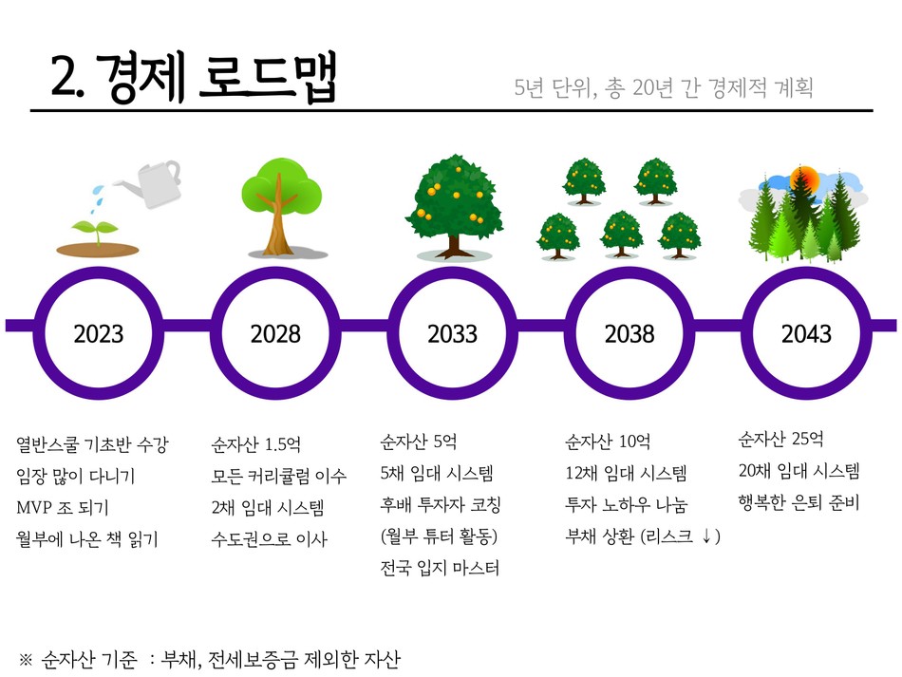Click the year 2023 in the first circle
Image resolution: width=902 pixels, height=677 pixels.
[99, 333]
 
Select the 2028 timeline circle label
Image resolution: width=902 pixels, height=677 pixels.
[275, 333]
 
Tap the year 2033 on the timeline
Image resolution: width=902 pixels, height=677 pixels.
[452, 333]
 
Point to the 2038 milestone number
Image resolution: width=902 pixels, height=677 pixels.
[630, 333]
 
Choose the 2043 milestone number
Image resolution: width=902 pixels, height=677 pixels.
[806, 333]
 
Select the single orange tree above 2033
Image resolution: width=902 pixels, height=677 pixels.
[455, 206]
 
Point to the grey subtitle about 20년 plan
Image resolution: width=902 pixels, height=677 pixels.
[664, 87]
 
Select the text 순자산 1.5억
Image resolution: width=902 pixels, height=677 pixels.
[256, 444]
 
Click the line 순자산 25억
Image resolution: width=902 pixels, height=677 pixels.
[780, 439]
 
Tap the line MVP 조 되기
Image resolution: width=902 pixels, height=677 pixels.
[63, 507]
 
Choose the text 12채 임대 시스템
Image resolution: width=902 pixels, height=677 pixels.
[626, 473]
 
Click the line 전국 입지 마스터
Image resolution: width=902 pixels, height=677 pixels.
[440, 568]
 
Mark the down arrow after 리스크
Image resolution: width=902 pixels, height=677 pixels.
[706, 536]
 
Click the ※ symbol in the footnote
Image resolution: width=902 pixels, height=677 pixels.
[26, 659]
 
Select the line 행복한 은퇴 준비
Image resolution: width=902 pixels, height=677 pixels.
[799, 502]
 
